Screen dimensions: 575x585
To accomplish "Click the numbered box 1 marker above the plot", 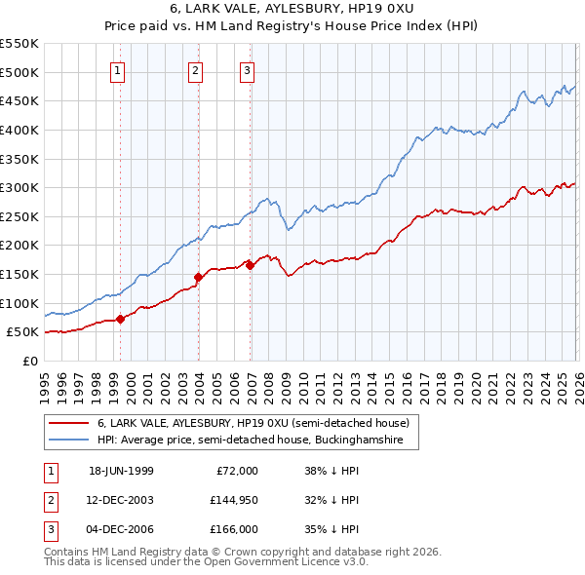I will [117, 69].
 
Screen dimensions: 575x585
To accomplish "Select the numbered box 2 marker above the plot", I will [195, 69].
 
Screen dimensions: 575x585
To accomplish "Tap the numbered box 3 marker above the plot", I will [247, 69].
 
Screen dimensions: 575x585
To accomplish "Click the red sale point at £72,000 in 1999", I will [121, 319].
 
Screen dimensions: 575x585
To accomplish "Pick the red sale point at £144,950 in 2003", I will [198, 277].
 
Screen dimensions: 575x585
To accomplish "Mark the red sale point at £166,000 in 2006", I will [250, 264].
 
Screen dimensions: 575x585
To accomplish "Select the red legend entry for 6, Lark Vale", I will [257, 423].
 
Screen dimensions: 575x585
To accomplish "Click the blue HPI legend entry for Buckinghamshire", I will [257, 440].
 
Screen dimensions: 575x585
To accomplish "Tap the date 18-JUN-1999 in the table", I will [121, 471].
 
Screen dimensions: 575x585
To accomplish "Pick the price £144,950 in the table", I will [233, 500].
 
